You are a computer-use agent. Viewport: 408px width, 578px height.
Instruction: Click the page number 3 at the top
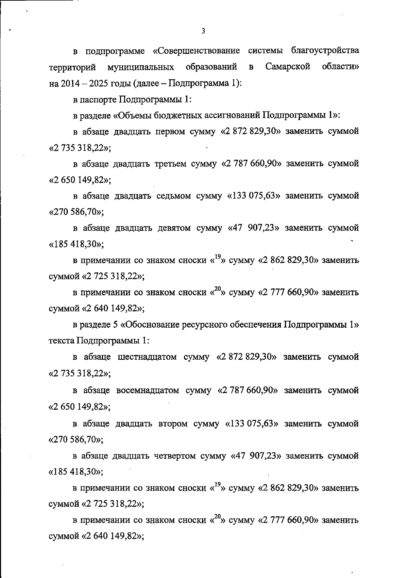[203, 31]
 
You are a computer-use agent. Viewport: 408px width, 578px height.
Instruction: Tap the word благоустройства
[325, 51]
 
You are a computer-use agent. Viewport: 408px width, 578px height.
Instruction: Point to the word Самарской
[288, 67]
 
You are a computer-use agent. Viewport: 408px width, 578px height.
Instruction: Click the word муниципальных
[141, 67]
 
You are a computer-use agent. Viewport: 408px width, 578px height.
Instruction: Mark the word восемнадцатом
[148, 390]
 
